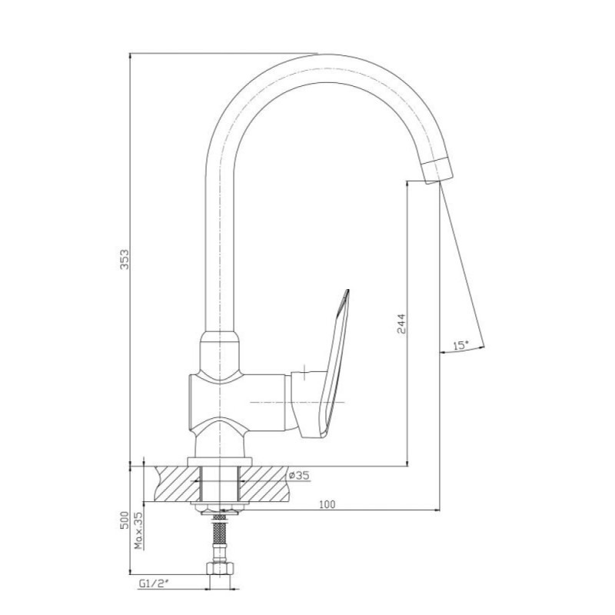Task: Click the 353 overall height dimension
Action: point(124,259)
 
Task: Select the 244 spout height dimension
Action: point(401,323)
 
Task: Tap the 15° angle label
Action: point(460,345)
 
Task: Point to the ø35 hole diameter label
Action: point(299,475)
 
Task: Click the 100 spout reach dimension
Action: point(327,504)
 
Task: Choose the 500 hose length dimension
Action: point(124,520)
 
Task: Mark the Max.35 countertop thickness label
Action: point(139,530)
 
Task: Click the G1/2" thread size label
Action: point(153,584)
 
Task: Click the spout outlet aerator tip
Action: point(437,171)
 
